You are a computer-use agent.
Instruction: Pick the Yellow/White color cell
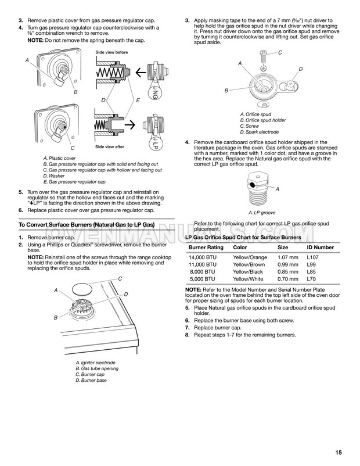coord(248,278)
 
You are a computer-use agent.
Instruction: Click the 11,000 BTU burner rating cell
coord(202,264)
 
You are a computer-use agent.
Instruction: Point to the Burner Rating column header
coord(206,247)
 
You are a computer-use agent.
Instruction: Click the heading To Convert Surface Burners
coord(85,224)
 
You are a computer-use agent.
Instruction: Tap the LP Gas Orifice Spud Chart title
coord(242,238)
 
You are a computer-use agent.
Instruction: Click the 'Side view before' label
coord(111,53)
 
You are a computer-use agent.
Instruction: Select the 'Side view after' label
coord(110,147)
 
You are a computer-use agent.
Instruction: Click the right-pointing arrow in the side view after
coord(138,124)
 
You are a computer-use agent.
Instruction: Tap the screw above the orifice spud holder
coord(261,58)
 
